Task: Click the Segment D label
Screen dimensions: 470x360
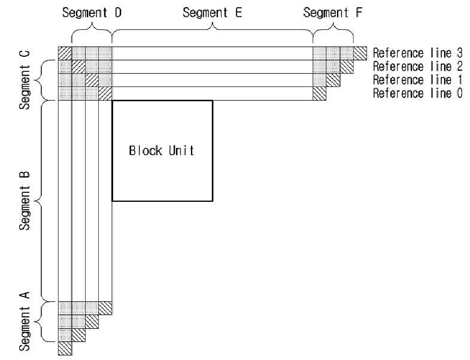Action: tap(92, 13)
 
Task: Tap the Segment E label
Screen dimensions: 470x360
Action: tap(212, 13)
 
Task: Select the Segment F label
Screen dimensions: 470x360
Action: tap(333, 13)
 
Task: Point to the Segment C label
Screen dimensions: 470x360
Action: tap(25, 80)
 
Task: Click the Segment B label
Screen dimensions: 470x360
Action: tap(25, 201)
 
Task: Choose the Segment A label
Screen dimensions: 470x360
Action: tap(25, 321)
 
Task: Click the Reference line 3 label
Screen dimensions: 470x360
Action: tap(417, 53)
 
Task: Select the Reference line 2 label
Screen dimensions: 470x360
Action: tap(417, 66)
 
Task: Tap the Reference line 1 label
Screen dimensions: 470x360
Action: tap(417, 80)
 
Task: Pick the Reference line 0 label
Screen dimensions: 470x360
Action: tap(417, 93)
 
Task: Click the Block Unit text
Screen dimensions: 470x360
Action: tap(162, 150)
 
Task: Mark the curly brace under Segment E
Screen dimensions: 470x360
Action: tap(212, 30)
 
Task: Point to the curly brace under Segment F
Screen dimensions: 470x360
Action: tap(333, 30)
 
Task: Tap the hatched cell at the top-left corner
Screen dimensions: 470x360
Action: tap(65, 53)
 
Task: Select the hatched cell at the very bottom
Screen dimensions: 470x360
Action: tap(65, 349)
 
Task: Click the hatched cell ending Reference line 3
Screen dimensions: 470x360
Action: tap(360, 53)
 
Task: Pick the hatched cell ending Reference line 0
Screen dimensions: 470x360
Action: tap(320, 93)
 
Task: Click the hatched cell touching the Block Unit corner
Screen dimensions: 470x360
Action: tap(105, 93)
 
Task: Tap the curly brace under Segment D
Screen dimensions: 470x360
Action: tap(92, 30)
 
